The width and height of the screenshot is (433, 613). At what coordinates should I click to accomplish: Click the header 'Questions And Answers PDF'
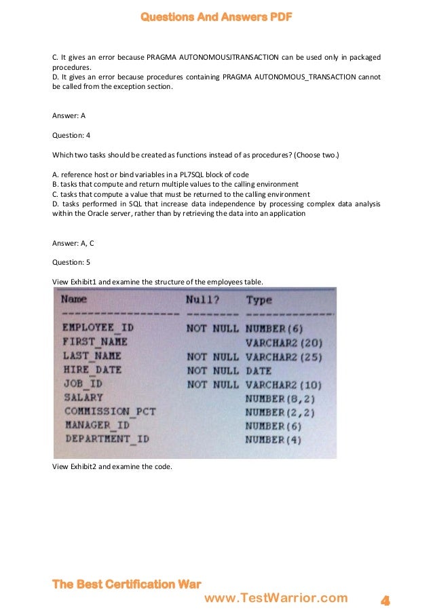216,17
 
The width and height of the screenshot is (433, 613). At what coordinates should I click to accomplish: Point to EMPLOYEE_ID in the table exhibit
98,328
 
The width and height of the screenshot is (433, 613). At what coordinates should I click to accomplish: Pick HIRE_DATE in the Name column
92,370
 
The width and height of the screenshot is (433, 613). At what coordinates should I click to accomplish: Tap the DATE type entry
258,371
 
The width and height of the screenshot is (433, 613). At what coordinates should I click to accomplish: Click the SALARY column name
83,397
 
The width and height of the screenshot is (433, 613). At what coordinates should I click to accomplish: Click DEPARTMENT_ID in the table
107,439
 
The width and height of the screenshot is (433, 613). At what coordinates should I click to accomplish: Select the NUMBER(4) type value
273,439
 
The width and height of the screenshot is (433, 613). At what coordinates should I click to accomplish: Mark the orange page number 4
385,600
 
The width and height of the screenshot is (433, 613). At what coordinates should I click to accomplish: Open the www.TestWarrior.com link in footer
276,598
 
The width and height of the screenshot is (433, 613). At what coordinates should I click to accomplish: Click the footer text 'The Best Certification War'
127,584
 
